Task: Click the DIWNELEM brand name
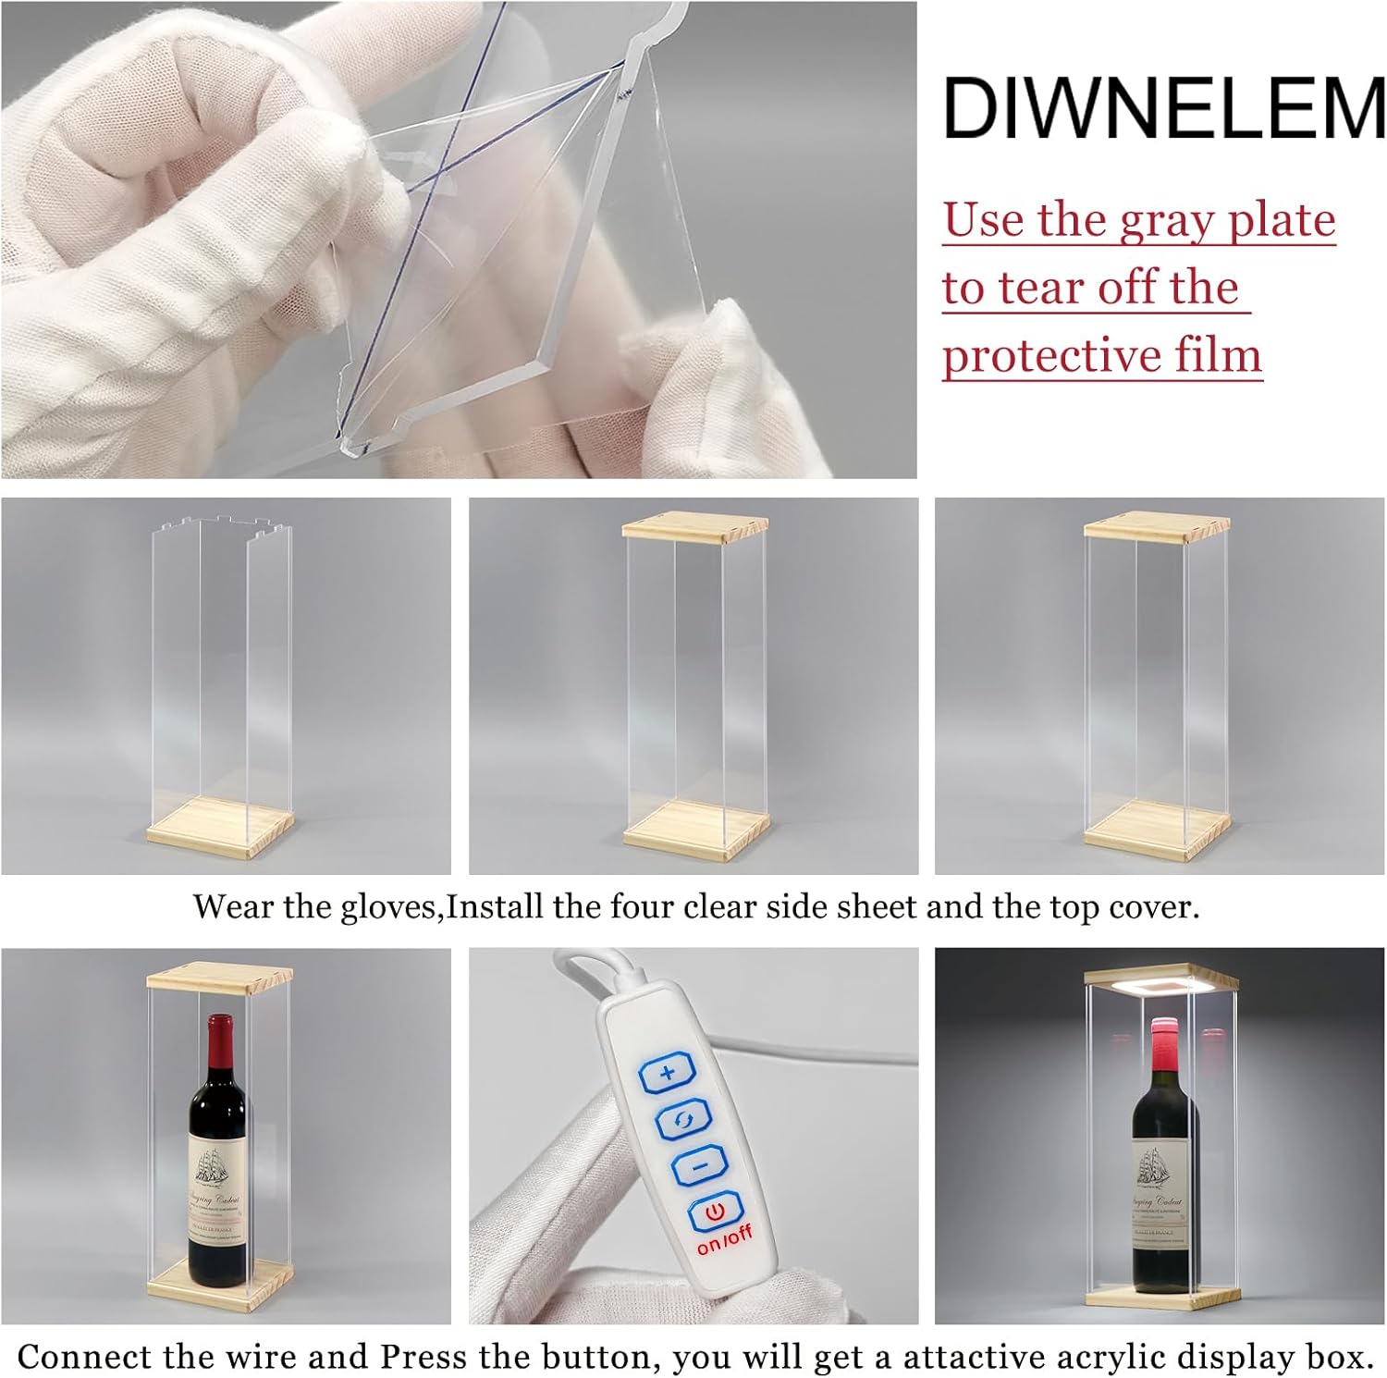point(1163,108)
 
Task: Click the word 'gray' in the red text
point(1168,221)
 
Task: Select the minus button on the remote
point(699,1165)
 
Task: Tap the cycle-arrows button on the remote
point(683,1121)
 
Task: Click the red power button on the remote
point(715,1211)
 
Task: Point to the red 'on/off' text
point(724,1239)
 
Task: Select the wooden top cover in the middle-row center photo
point(694,527)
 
